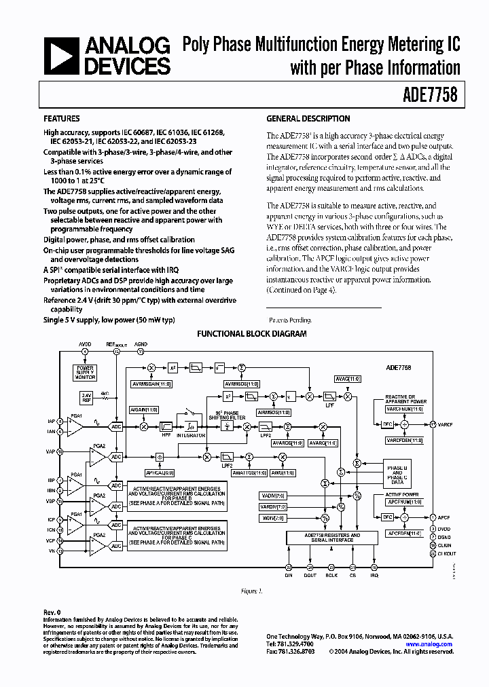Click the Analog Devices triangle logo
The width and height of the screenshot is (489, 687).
click(x=62, y=55)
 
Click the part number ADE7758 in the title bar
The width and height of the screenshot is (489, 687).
click(x=433, y=96)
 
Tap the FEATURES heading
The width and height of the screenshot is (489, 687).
click(x=62, y=119)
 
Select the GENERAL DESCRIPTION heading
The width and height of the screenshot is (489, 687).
click(x=308, y=119)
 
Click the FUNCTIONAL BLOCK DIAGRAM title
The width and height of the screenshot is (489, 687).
click(x=251, y=334)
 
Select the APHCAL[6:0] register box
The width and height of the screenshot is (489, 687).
click(x=160, y=472)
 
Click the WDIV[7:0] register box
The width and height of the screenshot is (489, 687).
click(x=273, y=518)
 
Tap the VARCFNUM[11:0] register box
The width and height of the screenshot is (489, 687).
click(x=404, y=409)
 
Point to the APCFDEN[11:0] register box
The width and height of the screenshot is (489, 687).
click(x=404, y=532)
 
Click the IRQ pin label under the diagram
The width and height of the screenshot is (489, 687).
click(x=374, y=574)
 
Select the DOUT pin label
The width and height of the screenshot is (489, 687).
click(x=310, y=574)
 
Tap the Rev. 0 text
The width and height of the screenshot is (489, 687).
click(x=52, y=612)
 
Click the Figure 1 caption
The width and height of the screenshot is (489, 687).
click(x=251, y=591)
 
